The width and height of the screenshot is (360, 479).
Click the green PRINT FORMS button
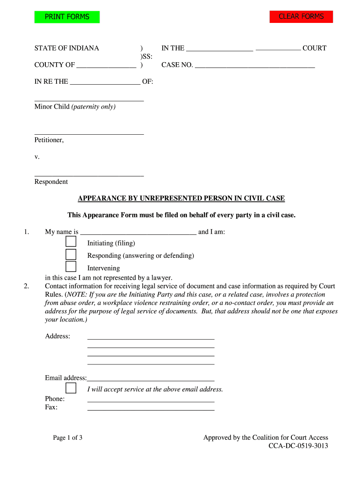coord(67,17)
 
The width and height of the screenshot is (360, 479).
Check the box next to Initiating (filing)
coord(71,242)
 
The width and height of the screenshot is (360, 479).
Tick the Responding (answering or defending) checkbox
coord(71,254)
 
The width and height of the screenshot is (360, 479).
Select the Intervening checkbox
coord(71,267)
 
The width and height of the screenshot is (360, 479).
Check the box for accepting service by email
coord(71,388)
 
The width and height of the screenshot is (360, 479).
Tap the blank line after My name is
coord(138,232)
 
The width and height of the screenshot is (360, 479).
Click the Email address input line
coord(151,378)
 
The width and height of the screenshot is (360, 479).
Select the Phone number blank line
coord(151,399)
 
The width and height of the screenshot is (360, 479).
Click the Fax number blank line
coord(151,407)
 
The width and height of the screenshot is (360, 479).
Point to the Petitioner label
coord(49,140)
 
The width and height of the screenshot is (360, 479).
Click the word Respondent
coord(51,181)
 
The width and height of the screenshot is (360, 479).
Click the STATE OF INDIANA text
coord(66,48)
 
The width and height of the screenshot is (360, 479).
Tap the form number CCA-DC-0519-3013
coord(298,446)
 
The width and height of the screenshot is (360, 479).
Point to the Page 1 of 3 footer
coord(68,438)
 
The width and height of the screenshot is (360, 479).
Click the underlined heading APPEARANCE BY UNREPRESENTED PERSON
coord(181,198)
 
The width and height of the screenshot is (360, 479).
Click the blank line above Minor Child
coord(89,99)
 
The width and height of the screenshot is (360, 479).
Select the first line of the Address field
coord(151,336)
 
